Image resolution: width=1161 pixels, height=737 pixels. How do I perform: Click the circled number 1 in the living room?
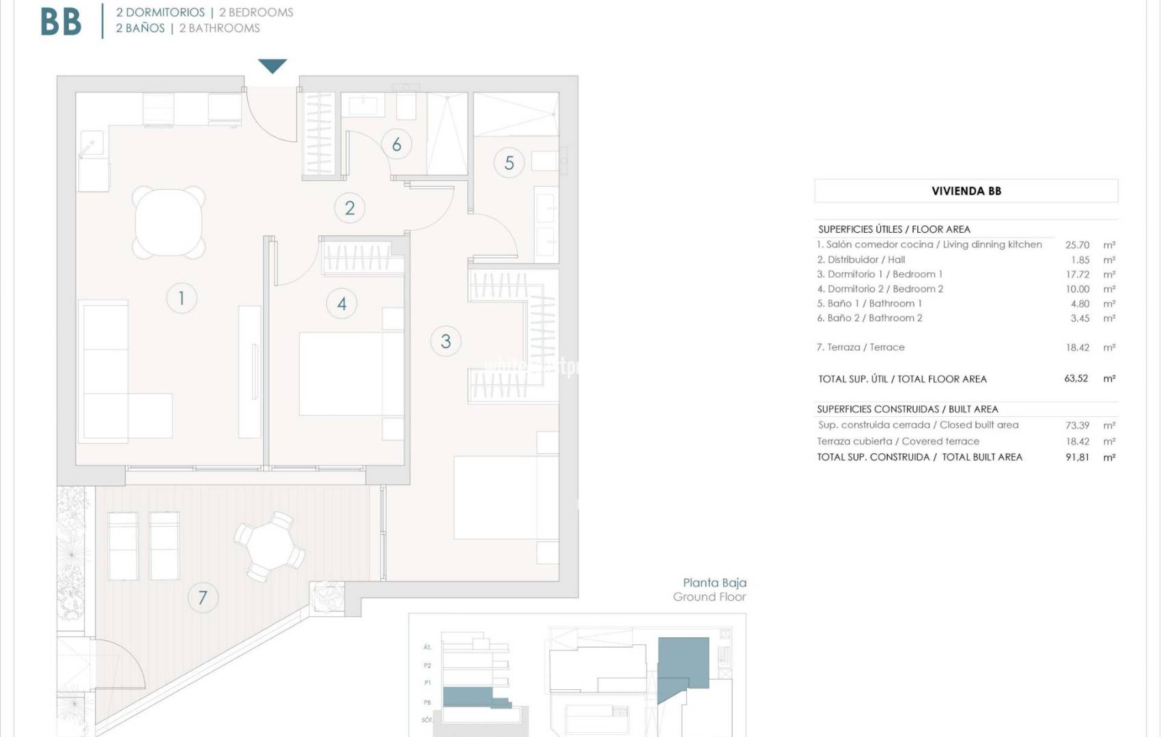pyautogui.click(x=181, y=298)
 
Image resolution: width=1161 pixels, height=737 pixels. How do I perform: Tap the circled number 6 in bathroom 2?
pyautogui.click(x=396, y=144)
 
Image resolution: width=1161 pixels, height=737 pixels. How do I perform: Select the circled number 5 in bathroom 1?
pyautogui.click(x=509, y=163)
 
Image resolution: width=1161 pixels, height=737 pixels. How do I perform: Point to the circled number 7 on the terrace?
pyautogui.click(x=202, y=598)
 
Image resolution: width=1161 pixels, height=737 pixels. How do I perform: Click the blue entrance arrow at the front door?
pyautogui.click(x=272, y=66)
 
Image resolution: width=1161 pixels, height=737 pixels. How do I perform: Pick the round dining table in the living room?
pyautogui.click(x=169, y=222)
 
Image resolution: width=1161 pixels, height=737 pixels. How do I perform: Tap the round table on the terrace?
pyautogui.click(x=270, y=546)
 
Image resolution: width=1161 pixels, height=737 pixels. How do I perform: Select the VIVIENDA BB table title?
pyautogui.click(x=966, y=191)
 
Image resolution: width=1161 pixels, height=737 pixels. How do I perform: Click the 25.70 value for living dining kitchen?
pyautogui.click(x=1077, y=245)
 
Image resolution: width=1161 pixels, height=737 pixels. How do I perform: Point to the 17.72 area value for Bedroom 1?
pyautogui.click(x=1077, y=274)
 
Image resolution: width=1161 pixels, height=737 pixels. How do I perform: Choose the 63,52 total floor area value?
pyautogui.click(x=1076, y=379)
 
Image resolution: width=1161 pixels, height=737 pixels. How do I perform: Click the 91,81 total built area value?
pyautogui.click(x=1077, y=457)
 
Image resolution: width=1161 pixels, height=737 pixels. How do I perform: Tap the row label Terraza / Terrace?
pyautogui.click(x=861, y=347)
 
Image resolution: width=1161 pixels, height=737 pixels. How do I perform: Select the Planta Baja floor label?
pyautogui.click(x=714, y=583)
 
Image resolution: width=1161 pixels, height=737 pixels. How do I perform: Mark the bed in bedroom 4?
pyautogui.click(x=350, y=373)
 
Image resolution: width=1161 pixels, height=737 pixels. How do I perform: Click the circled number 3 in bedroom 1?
pyautogui.click(x=445, y=341)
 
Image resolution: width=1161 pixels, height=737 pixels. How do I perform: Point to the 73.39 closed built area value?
pyautogui.click(x=1077, y=425)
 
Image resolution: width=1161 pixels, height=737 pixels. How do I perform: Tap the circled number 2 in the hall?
pyautogui.click(x=349, y=208)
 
